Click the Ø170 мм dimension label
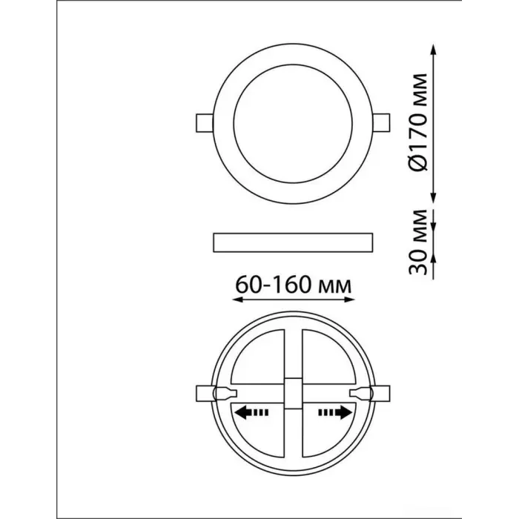point(418,122)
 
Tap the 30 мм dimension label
point(418,242)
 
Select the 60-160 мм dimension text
point(294,285)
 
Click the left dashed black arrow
point(251,413)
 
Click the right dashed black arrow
point(335,413)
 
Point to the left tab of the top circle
point(205,123)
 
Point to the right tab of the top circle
point(382,122)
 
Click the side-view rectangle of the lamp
point(293,242)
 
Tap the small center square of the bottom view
point(293,394)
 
